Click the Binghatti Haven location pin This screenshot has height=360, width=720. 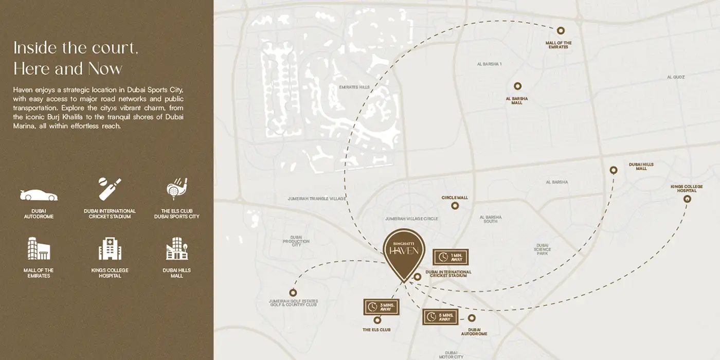(x=404, y=250)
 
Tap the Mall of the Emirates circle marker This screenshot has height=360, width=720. (x=561, y=31)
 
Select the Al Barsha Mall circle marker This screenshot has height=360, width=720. (x=517, y=86)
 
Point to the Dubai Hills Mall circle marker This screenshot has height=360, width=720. (x=614, y=170)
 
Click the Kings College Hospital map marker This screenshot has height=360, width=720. (x=687, y=199)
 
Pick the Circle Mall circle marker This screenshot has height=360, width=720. (x=455, y=206)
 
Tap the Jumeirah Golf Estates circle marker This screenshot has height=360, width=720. (x=293, y=293)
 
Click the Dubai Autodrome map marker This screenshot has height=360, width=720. (x=472, y=318)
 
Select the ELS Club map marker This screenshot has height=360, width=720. (x=377, y=320)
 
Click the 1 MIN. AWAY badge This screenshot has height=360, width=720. (x=451, y=257)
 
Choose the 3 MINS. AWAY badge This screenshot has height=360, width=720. (x=381, y=307)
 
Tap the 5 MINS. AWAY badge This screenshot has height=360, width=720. (x=440, y=317)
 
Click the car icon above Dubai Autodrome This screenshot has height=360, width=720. (x=39, y=195)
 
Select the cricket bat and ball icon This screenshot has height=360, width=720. (x=110, y=189)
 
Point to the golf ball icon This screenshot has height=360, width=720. (x=176, y=189)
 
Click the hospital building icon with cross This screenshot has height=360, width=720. (x=110, y=249)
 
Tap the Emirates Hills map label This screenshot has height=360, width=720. (x=354, y=87)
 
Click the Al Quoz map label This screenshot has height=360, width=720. (x=676, y=77)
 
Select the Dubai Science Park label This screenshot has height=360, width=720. (x=542, y=249)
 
